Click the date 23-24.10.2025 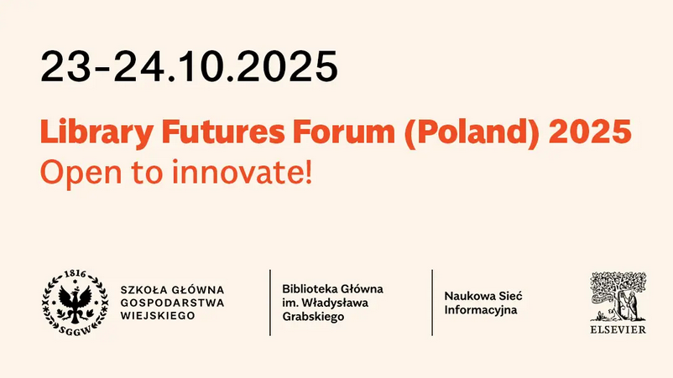tap(189, 66)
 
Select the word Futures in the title tap(222, 131)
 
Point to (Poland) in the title tap(472, 133)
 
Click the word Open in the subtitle tap(81, 173)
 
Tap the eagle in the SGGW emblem tap(76, 302)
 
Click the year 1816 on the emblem tap(76, 274)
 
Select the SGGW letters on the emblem tap(76, 330)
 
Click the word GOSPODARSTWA tap(172, 303)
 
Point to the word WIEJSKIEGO tap(158, 315)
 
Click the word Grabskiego tap(313, 317)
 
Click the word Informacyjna tap(481, 310)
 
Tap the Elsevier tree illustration tap(618, 297)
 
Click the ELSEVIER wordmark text tap(618, 329)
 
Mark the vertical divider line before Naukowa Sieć tap(432, 303)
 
